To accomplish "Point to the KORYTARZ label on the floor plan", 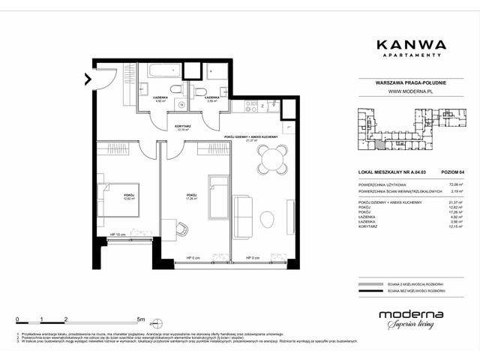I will click(181, 127).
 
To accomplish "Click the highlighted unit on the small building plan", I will click(381, 145).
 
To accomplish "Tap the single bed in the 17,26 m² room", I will click(219, 195).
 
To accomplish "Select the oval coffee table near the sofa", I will click(268, 219).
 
